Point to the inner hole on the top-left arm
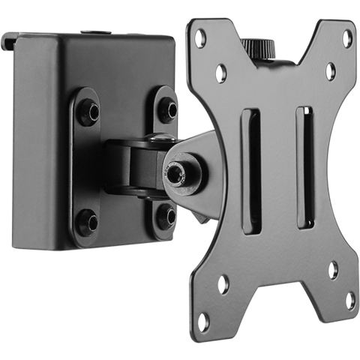(220, 73)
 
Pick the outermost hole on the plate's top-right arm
(347, 37)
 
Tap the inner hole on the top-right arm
(330, 71)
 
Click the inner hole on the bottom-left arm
(223, 284)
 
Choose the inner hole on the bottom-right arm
(332, 269)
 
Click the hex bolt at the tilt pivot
(176, 172)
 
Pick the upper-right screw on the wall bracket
(166, 110)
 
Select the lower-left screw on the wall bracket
(88, 222)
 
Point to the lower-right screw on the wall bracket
(166, 215)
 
